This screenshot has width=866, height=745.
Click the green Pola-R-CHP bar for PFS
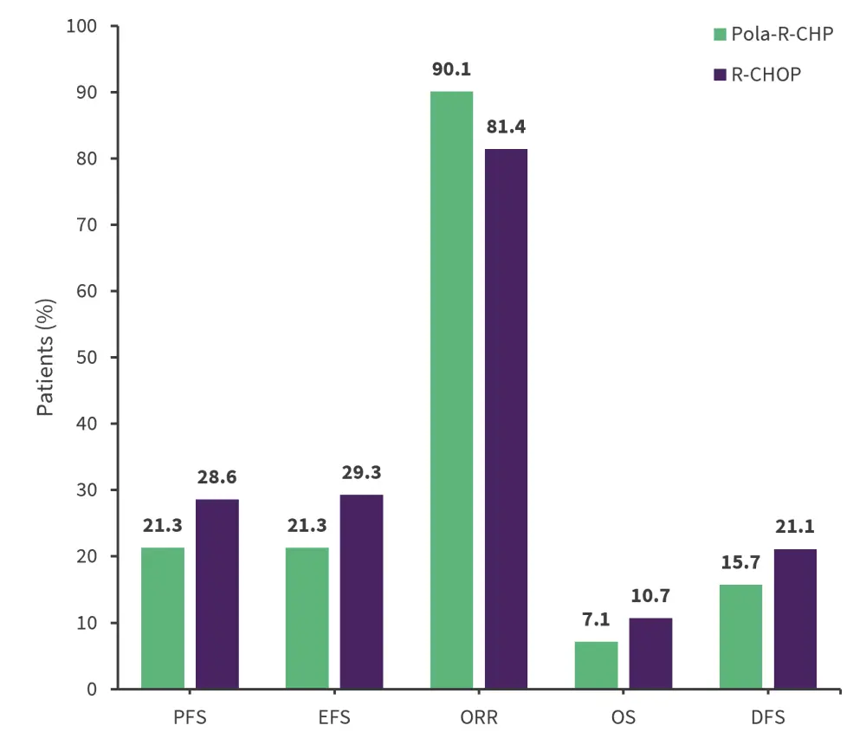(163, 618)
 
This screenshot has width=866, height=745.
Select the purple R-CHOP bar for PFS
(217, 594)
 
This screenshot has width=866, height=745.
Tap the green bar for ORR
(451, 390)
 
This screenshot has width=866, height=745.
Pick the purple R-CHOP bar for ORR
(506, 418)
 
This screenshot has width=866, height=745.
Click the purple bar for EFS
(361, 592)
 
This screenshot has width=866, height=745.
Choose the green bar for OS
(596, 665)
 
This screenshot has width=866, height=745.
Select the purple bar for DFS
(795, 619)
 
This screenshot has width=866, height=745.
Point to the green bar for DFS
(740, 637)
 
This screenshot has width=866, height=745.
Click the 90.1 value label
(451, 69)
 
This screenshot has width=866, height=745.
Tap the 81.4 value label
(506, 126)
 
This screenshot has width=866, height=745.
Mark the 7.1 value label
(596, 620)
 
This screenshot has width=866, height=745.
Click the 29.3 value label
(361, 472)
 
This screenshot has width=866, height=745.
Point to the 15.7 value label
(740, 563)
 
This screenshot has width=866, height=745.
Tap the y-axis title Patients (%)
(46, 357)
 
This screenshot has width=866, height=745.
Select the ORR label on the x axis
(479, 718)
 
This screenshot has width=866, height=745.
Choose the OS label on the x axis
(624, 718)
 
